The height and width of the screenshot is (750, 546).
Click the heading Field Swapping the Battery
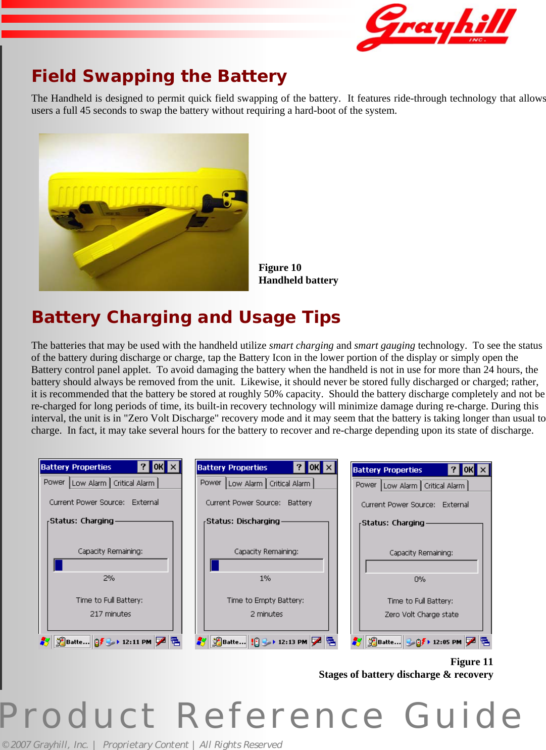pyautogui.click(x=159, y=76)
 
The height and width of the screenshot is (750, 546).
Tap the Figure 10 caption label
pyautogui.click(x=280, y=268)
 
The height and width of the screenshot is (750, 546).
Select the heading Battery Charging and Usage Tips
pyautogui.click(x=186, y=317)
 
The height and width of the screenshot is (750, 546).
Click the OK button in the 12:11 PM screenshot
pyautogui.click(x=158, y=467)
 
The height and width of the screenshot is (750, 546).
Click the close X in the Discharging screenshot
pyautogui.click(x=329, y=467)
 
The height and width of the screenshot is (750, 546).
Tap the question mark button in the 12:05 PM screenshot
pyautogui.click(x=454, y=470)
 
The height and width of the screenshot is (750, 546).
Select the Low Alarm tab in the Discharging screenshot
pyautogui.click(x=245, y=484)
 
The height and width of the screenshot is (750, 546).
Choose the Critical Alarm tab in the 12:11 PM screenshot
pyautogui.click(x=134, y=483)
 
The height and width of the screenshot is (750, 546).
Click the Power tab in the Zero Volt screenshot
pyautogui.click(x=366, y=485)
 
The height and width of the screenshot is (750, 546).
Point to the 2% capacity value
pyautogui.click(x=109, y=578)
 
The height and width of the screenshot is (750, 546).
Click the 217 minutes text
pyautogui.click(x=111, y=614)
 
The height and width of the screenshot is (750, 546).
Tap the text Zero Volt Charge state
pyautogui.click(x=422, y=615)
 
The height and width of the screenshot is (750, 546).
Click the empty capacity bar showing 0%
pyautogui.click(x=422, y=567)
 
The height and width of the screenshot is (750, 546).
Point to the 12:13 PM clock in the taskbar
pyautogui.click(x=292, y=642)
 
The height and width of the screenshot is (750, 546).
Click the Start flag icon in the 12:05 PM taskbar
pyautogui.click(x=357, y=642)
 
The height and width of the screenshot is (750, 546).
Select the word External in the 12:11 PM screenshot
pyautogui.click(x=145, y=502)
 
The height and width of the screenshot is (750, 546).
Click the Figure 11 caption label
pyautogui.click(x=471, y=662)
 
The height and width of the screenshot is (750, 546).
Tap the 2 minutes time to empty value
pyautogui.click(x=267, y=614)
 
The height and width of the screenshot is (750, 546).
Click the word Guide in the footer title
pyautogui.click(x=463, y=716)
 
